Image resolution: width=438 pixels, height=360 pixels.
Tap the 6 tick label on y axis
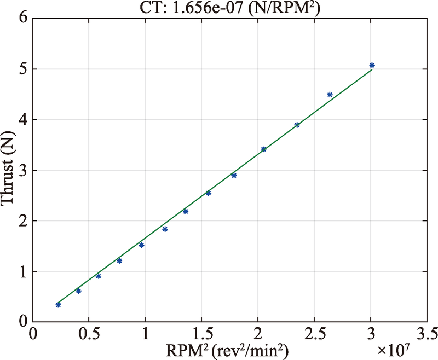22,18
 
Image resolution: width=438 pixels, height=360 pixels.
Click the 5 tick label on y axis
22,69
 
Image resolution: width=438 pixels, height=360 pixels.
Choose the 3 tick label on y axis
22,170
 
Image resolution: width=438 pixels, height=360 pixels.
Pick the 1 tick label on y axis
22,271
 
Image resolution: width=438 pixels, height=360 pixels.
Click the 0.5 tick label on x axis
89,333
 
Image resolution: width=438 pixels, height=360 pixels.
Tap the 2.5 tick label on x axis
314,333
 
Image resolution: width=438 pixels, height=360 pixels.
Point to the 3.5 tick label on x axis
427,333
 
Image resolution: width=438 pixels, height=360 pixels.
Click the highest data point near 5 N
372,65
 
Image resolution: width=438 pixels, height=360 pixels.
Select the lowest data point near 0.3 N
59,305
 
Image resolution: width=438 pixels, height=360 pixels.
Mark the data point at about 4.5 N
330,95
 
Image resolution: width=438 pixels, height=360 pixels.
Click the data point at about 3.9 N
297,125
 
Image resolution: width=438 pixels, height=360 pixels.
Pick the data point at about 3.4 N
263,149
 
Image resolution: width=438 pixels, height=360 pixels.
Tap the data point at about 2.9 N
234,175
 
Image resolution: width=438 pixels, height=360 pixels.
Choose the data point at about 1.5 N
141,245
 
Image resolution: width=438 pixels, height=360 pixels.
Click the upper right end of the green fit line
372,70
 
